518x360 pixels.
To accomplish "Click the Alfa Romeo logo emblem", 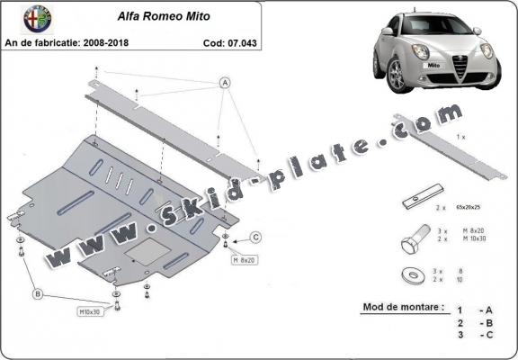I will (17, 19).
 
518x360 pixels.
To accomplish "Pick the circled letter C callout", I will (255, 238).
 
